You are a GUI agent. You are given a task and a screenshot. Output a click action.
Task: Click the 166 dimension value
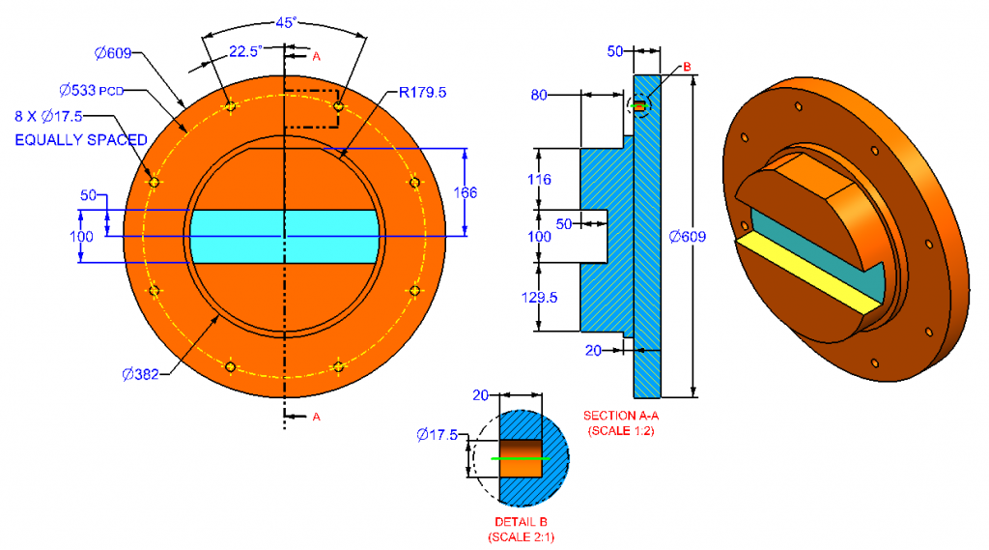tap(466, 192)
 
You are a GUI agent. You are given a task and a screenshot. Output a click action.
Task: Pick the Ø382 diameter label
tap(143, 373)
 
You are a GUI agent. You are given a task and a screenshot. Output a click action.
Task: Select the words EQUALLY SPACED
tap(81, 140)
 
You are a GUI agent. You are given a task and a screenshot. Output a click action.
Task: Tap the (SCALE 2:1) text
tap(522, 536)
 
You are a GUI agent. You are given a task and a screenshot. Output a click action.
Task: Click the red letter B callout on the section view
tap(687, 67)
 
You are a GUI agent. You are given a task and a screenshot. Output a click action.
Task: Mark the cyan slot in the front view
tap(283, 236)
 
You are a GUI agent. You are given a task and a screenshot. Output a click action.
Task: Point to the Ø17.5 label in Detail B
tap(437, 435)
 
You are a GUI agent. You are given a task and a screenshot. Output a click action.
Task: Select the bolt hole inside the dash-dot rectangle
tap(338, 106)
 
